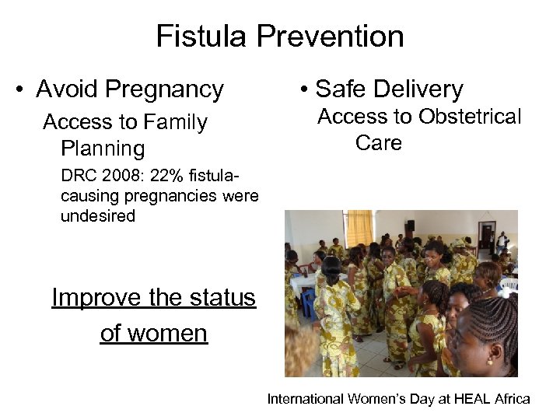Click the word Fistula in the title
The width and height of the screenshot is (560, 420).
point(199,37)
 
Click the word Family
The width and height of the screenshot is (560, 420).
point(172,123)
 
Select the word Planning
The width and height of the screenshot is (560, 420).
point(102,149)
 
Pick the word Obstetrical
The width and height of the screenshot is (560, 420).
point(470,117)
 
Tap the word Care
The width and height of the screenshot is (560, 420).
point(378,143)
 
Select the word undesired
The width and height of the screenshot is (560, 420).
point(98,216)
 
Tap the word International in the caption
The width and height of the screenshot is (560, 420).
point(306,399)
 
